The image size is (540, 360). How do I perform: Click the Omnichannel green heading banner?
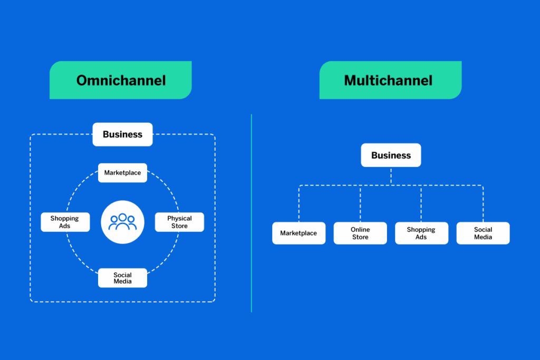click(x=121, y=80)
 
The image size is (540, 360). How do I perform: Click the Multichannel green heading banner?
click(x=390, y=80)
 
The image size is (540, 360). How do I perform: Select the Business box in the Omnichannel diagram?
click(x=122, y=134)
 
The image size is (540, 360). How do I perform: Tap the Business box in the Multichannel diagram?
click(x=391, y=155)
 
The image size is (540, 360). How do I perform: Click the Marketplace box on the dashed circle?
click(x=122, y=173)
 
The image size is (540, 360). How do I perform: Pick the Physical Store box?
click(x=179, y=222)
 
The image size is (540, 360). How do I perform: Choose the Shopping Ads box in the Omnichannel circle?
click(x=65, y=222)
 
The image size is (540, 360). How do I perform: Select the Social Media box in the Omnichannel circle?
click(x=122, y=278)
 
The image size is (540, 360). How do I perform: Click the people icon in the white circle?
click(x=122, y=222)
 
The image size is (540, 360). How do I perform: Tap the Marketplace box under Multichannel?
click(x=298, y=233)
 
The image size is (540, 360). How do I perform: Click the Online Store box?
click(x=360, y=233)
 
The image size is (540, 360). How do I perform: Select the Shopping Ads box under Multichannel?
click(x=421, y=233)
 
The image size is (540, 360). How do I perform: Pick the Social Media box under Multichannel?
click(x=483, y=233)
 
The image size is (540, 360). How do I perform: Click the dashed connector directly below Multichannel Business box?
click(x=391, y=176)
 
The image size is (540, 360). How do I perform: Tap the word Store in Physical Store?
click(x=179, y=226)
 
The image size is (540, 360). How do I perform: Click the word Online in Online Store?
click(x=360, y=229)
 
